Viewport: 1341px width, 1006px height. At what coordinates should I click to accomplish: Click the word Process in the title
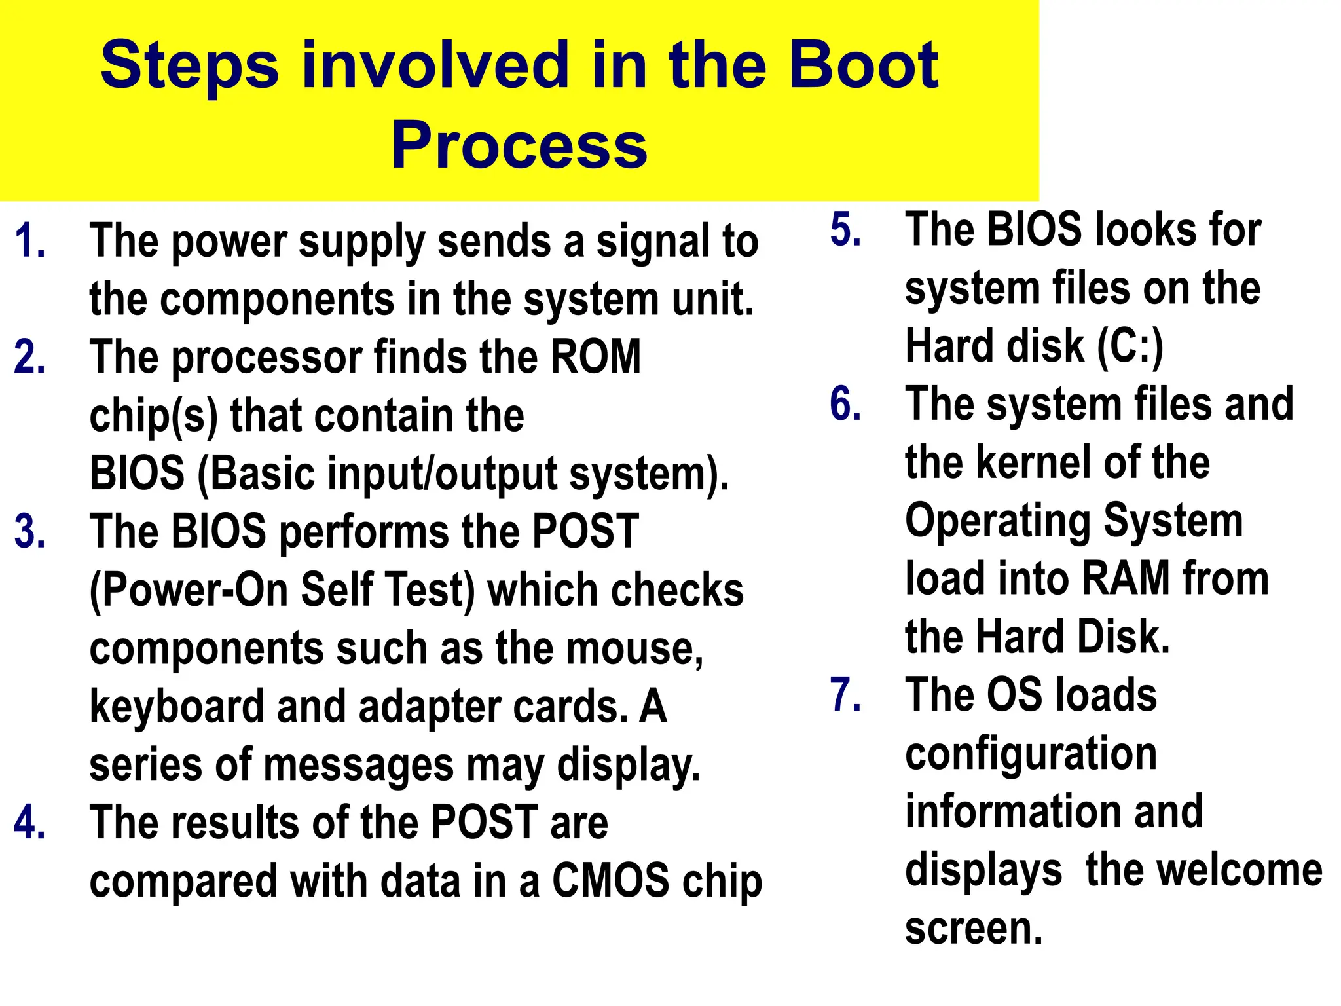point(519,145)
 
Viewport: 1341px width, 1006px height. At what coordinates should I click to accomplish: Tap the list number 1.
point(29,241)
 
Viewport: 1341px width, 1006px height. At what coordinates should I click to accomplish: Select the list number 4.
point(29,822)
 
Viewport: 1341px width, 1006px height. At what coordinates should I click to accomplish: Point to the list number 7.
point(845,694)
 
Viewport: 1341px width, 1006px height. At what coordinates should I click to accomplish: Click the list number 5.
point(845,230)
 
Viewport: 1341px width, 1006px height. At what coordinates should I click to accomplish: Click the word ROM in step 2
point(595,357)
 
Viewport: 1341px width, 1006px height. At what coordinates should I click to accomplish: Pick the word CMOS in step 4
point(611,880)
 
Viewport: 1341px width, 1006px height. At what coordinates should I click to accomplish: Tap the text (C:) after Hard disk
point(1130,346)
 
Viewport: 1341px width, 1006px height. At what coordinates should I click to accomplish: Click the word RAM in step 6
point(1126,579)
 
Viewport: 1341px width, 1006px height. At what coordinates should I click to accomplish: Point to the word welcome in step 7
point(1204,870)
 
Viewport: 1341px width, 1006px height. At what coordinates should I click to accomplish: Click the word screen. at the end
point(974,928)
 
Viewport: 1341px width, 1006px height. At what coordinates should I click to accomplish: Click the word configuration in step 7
point(1031,753)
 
